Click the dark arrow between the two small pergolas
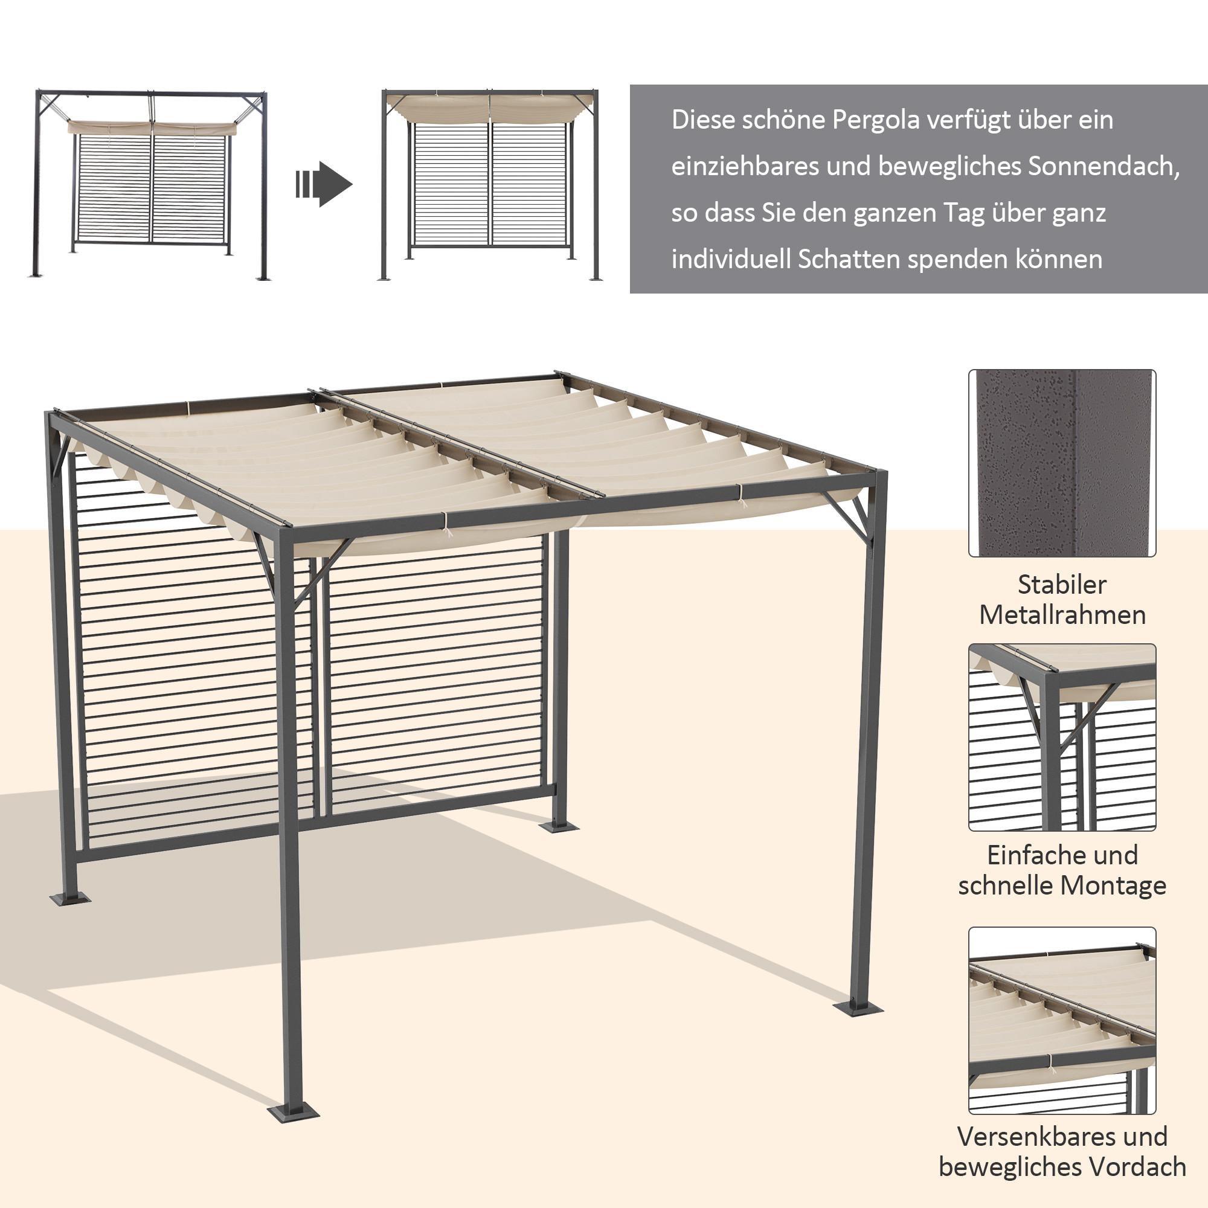[x=324, y=184]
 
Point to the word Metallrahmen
[x=1062, y=615]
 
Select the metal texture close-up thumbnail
[x=1062, y=463]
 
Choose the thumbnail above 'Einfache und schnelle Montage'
[x=1062, y=738]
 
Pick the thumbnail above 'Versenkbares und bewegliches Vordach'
[x=1062, y=1020]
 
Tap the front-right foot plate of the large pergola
[x=858, y=1008]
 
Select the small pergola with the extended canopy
[x=490, y=185]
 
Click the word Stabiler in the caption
[x=1062, y=585]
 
